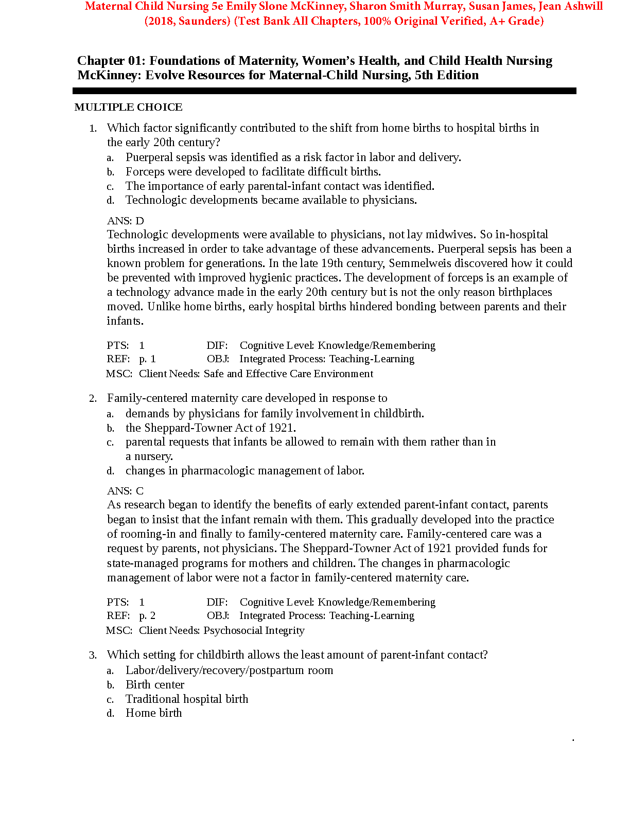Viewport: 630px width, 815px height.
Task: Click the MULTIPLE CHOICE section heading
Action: point(128,107)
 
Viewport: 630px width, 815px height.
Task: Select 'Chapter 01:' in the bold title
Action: point(111,61)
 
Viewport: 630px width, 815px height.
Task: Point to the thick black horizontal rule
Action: point(324,91)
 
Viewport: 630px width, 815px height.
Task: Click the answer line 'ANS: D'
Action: point(125,221)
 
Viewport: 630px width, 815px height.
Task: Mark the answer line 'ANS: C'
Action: point(125,491)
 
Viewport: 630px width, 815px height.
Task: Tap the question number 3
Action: point(93,655)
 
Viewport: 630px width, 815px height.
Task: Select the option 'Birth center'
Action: point(155,685)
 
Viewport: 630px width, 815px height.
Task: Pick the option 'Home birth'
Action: point(153,713)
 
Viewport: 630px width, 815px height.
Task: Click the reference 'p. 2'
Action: point(147,616)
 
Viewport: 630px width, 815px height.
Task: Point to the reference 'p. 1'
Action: point(147,359)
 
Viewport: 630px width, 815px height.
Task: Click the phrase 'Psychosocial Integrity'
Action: point(254,630)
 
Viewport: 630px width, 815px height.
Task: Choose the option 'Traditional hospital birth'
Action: point(187,699)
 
